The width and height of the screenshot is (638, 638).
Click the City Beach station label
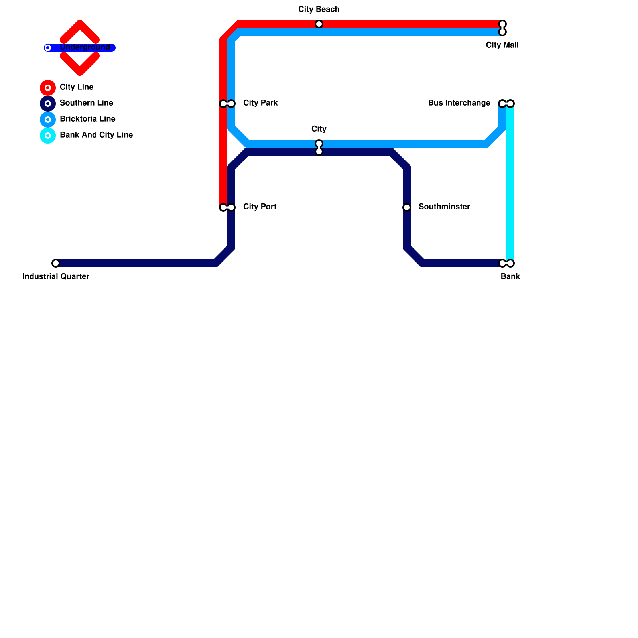[x=319, y=10]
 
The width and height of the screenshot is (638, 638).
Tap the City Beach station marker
[x=319, y=24]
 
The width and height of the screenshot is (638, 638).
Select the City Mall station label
[x=502, y=45]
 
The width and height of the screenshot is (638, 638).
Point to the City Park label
[x=260, y=103]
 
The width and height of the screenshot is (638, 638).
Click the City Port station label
[x=260, y=207]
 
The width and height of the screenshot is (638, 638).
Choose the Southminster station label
[x=444, y=207]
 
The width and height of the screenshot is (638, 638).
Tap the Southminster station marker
[x=407, y=207]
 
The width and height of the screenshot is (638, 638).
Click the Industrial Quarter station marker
[x=56, y=263]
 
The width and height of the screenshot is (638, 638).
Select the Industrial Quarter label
[x=56, y=277]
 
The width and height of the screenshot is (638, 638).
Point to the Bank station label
[x=510, y=277]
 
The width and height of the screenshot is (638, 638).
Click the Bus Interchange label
[x=459, y=103]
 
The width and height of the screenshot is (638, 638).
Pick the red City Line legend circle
[x=48, y=88]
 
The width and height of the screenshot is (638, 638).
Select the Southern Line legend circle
[x=48, y=104]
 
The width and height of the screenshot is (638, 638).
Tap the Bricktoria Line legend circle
[x=48, y=120]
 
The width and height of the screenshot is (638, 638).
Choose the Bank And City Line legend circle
[x=48, y=136]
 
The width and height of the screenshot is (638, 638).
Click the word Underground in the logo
[x=85, y=47]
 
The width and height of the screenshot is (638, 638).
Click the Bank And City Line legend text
[x=96, y=135]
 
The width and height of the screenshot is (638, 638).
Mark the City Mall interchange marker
[x=502, y=28]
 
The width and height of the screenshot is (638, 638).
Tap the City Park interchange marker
[x=227, y=104]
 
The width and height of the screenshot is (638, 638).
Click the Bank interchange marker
[x=506, y=263]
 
